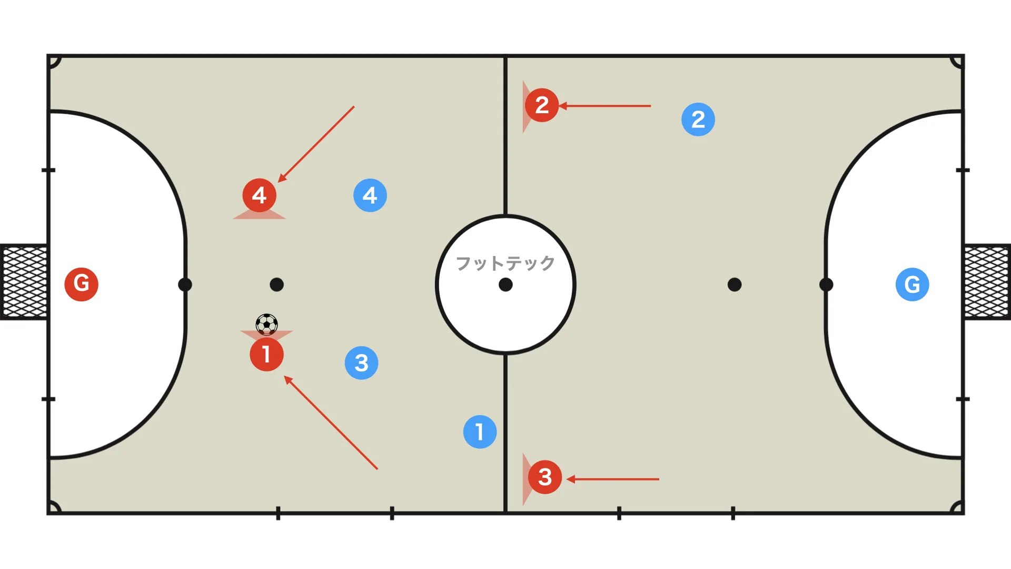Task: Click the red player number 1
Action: coord(266,355)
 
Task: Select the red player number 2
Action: coord(542,105)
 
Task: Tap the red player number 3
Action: coord(545,477)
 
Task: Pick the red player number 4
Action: coord(259,195)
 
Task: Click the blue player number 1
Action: coord(480,432)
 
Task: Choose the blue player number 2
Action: coord(698,120)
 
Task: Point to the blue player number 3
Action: coord(361,363)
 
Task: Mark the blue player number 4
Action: coord(370,195)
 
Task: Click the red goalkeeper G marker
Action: coord(82,284)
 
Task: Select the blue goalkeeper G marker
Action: coord(913,284)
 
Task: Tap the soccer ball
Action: coord(266,325)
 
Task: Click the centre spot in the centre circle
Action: coord(506,284)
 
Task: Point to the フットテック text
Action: coord(506,263)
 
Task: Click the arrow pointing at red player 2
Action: coord(604,106)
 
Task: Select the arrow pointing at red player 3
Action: coord(613,479)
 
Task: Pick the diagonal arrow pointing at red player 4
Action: coord(316,144)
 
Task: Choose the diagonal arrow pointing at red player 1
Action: coord(331,422)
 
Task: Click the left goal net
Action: coord(24,282)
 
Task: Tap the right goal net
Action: coord(987,282)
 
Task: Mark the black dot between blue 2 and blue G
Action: coord(735,284)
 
